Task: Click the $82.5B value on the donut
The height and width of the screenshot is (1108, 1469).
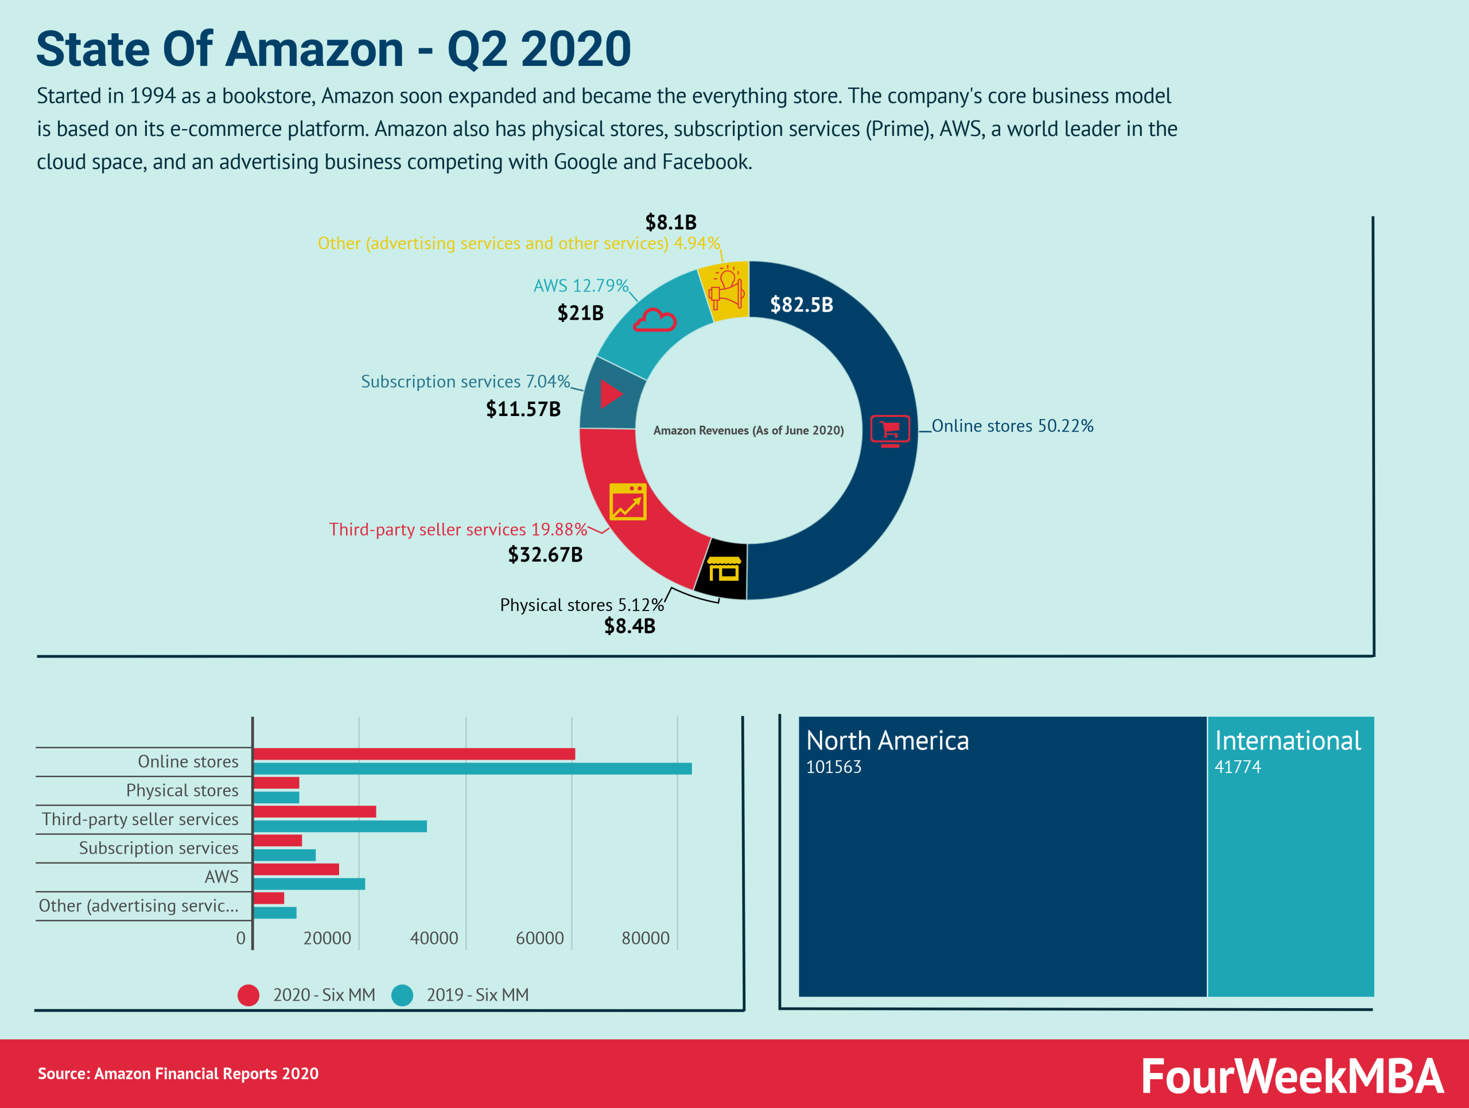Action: click(x=801, y=305)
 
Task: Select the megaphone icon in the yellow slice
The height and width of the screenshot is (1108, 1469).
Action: click(x=726, y=287)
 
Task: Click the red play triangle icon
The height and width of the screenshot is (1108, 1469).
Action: click(x=611, y=394)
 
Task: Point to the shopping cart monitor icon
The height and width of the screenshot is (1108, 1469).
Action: click(x=890, y=430)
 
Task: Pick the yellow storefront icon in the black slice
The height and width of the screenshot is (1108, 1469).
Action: click(x=723, y=570)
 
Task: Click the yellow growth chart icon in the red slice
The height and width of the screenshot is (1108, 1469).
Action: click(x=628, y=502)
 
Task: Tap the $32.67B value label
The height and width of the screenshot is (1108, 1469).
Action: click(x=545, y=554)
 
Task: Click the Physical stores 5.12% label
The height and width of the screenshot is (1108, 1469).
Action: click(x=581, y=605)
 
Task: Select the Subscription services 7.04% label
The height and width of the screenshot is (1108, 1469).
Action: click(x=465, y=382)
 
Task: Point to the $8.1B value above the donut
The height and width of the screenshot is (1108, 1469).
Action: click(x=671, y=221)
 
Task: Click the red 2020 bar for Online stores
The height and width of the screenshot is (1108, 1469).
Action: click(x=414, y=753)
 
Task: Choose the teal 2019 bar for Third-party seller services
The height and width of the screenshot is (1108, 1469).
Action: click(x=340, y=826)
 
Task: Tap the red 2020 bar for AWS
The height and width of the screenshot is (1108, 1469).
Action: click(x=296, y=869)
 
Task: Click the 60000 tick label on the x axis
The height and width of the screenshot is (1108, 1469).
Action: click(x=539, y=938)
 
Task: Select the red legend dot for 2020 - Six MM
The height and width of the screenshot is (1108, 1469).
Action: click(x=248, y=994)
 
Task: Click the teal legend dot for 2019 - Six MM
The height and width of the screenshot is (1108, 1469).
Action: click(x=402, y=994)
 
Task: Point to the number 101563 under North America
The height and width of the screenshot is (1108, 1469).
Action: click(x=833, y=767)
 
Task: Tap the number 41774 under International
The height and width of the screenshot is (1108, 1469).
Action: click(x=1237, y=767)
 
